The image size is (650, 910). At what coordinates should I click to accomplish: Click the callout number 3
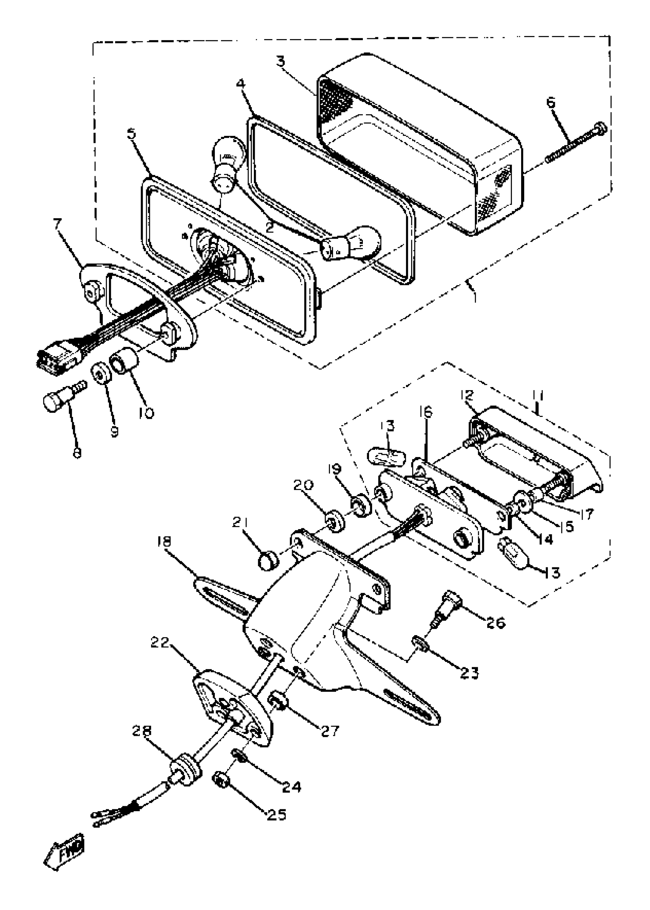coord(281,62)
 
